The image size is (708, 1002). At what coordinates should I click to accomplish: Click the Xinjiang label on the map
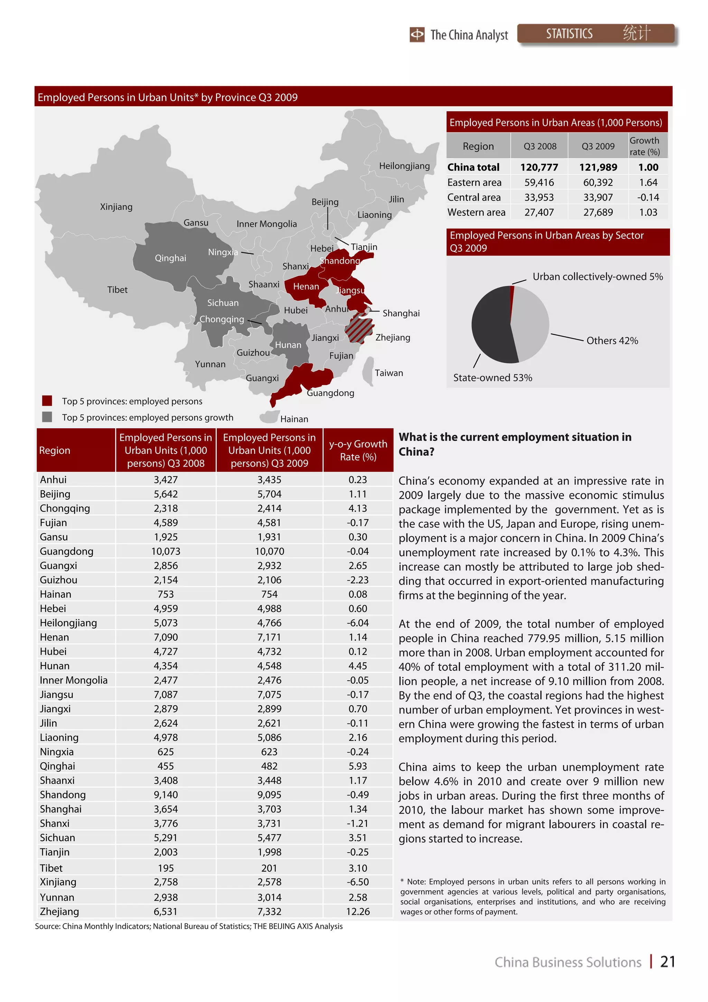116,207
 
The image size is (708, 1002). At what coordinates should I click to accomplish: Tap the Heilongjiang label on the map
404,166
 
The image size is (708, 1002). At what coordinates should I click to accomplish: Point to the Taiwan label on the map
388,373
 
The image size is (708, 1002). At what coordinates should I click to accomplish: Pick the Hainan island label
294,419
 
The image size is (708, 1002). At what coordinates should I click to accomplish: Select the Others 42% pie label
612,341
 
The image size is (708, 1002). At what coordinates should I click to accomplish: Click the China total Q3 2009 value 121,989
598,168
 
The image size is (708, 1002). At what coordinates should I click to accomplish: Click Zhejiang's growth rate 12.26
358,912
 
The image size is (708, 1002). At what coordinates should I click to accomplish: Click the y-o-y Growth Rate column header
358,450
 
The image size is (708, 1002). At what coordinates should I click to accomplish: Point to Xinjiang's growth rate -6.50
358,882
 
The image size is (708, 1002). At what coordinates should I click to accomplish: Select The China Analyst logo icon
417,35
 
